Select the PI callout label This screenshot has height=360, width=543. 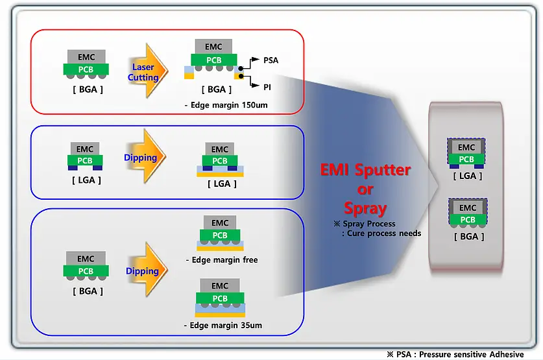pos(267,86)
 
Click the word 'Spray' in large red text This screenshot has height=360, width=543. pos(365,209)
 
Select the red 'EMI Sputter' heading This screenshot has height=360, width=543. pos(365,171)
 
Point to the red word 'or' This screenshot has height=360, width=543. pos(365,189)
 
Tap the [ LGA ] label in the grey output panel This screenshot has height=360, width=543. pos(468,176)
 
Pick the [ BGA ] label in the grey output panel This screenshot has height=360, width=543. pos(468,237)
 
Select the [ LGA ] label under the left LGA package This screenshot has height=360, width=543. pos(86,180)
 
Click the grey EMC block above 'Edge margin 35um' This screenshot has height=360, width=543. pos(220,286)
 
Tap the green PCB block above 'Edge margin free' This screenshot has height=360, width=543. pos(220,235)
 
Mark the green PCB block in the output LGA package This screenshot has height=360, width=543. pos(467,160)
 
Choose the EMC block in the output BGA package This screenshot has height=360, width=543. pos(468,208)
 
